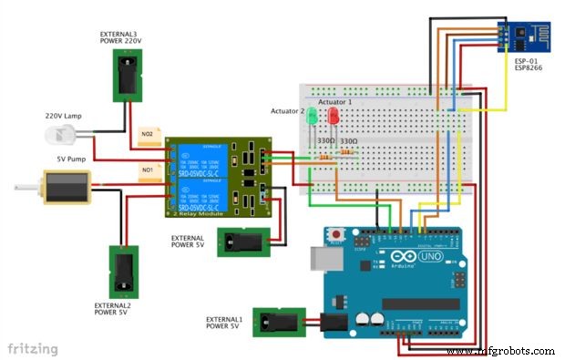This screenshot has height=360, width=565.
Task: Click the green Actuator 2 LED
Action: (312, 117)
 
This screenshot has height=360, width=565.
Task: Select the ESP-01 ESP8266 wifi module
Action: (520, 34)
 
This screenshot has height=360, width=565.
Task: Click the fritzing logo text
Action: (33, 348)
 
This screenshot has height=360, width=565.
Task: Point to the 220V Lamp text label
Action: (66, 116)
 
